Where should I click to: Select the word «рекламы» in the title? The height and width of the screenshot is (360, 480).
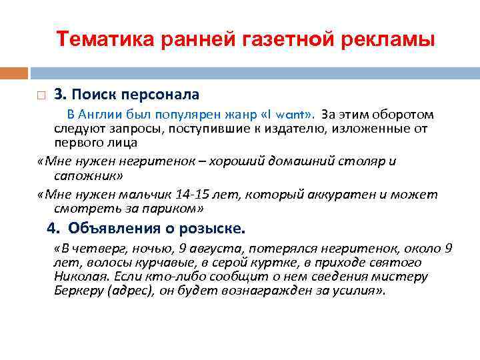(x=393, y=39)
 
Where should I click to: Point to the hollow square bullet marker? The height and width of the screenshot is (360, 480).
(x=41, y=95)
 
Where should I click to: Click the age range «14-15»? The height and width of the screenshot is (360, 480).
(x=193, y=194)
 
